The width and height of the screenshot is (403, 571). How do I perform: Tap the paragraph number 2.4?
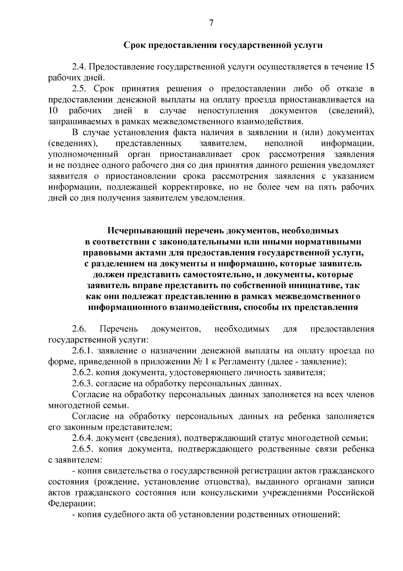pyautogui.click(x=79, y=67)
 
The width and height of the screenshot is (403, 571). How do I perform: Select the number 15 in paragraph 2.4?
pyautogui.click(x=369, y=67)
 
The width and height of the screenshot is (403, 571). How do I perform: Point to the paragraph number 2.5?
pyautogui.click(x=79, y=89)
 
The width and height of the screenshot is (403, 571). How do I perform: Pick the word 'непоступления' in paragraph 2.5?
pyautogui.click(x=228, y=111)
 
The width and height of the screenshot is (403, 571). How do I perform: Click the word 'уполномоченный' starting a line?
pyautogui.click(x=83, y=155)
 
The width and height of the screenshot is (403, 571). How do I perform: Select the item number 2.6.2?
pyautogui.click(x=82, y=373)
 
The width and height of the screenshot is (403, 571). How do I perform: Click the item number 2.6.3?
pyautogui.click(x=82, y=384)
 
